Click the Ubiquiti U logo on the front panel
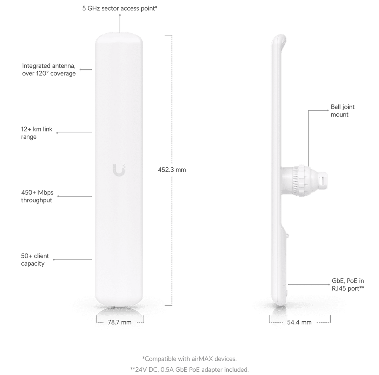point(119,170)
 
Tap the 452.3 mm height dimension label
point(172,170)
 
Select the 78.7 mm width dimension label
point(120,322)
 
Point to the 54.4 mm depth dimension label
point(299,322)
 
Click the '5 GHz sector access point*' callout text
point(120,8)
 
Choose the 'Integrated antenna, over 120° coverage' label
point(49,70)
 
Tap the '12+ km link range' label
point(37,133)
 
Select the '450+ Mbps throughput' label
point(37,196)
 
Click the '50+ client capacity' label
point(35,260)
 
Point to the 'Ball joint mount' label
point(342,111)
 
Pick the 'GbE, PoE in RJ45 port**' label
point(348,285)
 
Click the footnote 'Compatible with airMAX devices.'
point(189,359)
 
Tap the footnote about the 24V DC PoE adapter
point(189,370)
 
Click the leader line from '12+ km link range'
point(74,133)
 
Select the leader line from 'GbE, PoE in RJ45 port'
point(309,285)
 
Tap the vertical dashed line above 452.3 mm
point(172,99)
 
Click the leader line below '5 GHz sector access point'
point(120,23)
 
